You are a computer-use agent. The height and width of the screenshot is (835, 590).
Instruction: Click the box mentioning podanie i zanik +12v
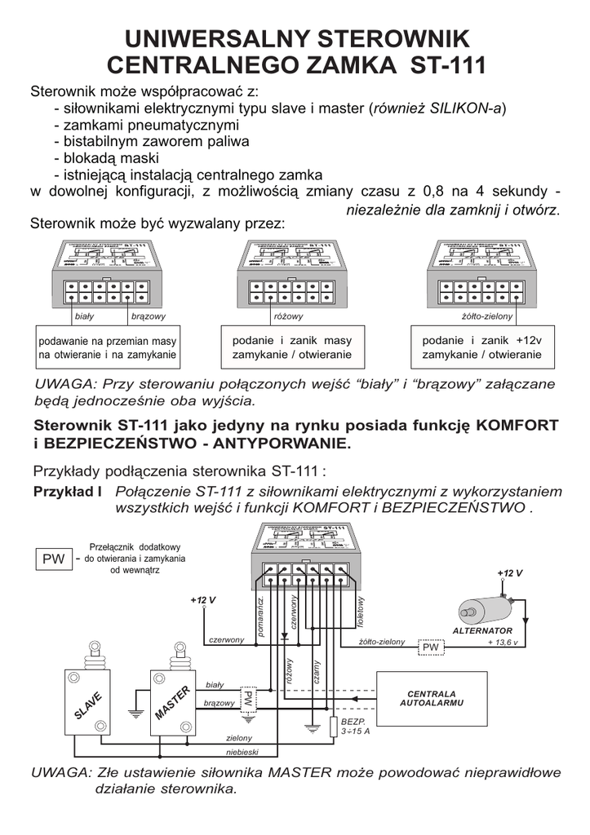point(481,347)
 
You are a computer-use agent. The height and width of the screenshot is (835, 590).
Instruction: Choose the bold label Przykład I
point(67,492)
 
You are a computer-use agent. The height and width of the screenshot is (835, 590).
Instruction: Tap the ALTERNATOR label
point(482,630)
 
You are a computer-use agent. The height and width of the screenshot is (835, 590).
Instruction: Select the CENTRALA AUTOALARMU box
point(432,699)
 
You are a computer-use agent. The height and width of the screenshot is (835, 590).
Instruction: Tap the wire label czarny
point(316,673)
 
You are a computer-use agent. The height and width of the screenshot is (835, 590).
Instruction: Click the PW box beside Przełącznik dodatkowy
point(54,559)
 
